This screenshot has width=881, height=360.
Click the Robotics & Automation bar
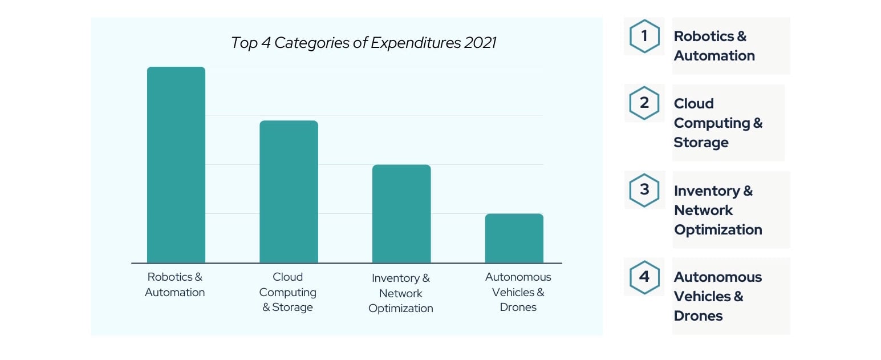pyautogui.click(x=176, y=165)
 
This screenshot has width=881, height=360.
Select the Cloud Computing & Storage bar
pyautogui.click(x=289, y=192)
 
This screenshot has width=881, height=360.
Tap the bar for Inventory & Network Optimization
pyautogui.click(x=401, y=213)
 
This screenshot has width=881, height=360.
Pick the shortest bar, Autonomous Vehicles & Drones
pyautogui.click(x=514, y=238)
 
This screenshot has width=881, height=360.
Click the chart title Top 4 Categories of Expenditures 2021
pyautogui.click(x=363, y=43)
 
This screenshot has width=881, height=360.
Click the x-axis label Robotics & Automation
pyautogui.click(x=174, y=285)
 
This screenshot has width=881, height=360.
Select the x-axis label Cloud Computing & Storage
pyautogui.click(x=287, y=292)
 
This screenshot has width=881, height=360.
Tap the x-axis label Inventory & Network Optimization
pyautogui.click(x=400, y=293)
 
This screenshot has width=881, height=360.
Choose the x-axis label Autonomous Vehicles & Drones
pyautogui.click(x=518, y=292)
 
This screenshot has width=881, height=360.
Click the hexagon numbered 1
pyautogui.click(x=644, y=37)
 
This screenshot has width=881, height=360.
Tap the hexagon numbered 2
pyautogui.click(x=644, y=103)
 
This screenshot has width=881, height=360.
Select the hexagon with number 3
pyautogui.click(x=644, y=190)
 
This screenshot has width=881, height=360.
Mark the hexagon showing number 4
pyautogui.click(x=644, y=277)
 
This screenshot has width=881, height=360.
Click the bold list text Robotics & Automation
pyautogui.click(x=714, y=46)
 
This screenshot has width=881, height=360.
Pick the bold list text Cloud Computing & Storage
pyautogui.click(x=717, y=123)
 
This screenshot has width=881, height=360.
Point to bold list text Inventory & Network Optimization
pyautogui.click(x=717, y=210)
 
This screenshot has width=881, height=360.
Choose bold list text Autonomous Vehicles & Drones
pyautogui.click(x=717, y=296)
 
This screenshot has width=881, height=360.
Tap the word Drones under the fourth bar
pyautogui.click(x=518, y=308)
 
